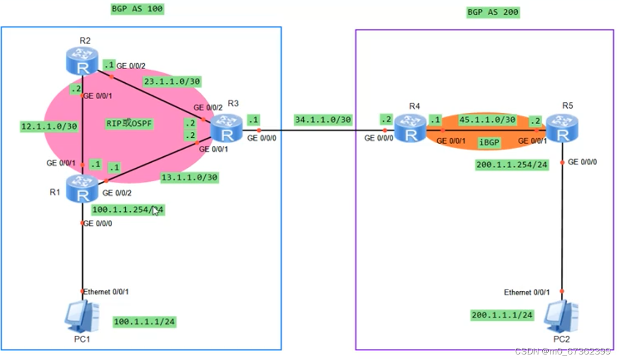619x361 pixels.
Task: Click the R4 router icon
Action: [x=411, y=128]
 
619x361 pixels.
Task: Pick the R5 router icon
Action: [x=562, y=129]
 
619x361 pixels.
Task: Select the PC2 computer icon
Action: [x=561, y=316]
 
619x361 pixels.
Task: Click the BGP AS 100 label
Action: [x=137, y=9]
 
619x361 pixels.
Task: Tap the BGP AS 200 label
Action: [x=493, y=12]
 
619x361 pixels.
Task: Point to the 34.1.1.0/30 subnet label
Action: [x=323, y=119]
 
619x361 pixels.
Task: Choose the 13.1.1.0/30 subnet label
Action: [x=189, y=177]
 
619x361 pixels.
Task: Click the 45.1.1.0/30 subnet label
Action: [x=487, y=119]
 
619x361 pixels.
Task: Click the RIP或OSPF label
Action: [x=129, y=124]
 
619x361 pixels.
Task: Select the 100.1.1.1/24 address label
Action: [x=144, y=322]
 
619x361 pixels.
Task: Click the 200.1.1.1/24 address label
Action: [x=502, y=315]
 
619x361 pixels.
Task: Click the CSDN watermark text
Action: [x=563, y=351]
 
